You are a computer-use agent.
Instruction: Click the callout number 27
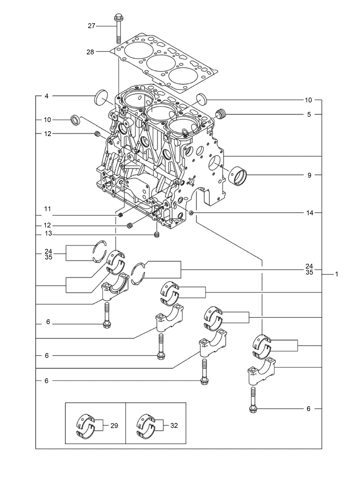click(x=91, y=26)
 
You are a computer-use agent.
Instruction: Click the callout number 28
click(x=90, y=52)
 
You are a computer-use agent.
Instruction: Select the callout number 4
click(x=46, y=96)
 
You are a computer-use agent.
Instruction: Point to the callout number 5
click(x=309, y=114)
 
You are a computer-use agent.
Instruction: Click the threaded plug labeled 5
click(x=220, y=114)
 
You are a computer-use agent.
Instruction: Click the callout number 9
click(x=309, y=175)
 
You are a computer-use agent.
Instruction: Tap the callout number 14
click(x=310, y=213)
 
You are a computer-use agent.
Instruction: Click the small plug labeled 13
click(x=157, y=235)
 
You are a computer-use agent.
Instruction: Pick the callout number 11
click(x=47, y=209)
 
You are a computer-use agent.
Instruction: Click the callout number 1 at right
click(x=337, y=274)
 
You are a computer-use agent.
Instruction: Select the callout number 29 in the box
click(x=114, y=426)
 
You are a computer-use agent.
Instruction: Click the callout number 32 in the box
click(x=174, y=426)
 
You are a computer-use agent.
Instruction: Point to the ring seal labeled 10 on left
click(x=75, y=120)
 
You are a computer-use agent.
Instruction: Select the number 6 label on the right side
click(x=308, y=409)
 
